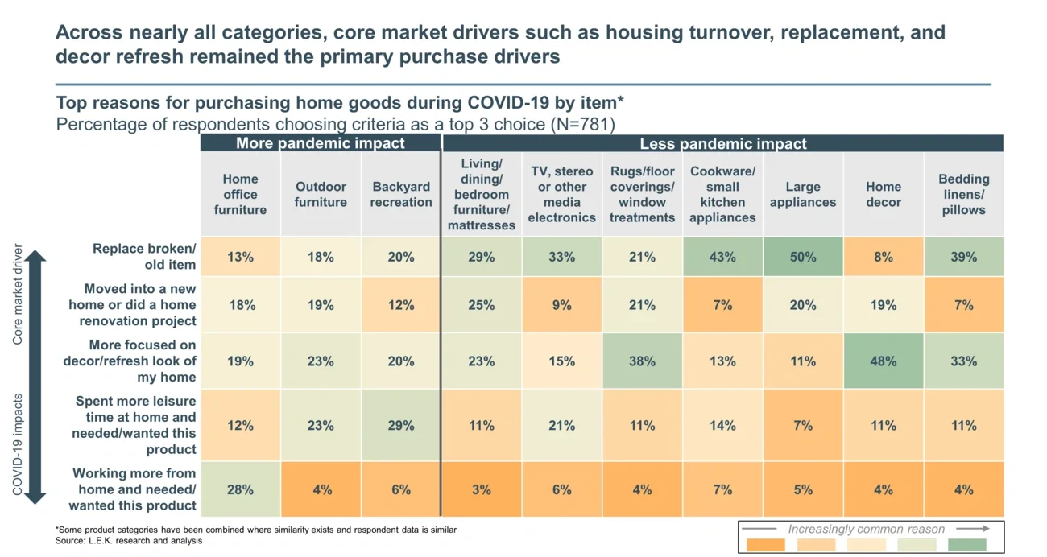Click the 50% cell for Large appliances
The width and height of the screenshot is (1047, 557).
click(802, 257)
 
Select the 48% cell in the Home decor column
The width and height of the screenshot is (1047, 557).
click(883, 361)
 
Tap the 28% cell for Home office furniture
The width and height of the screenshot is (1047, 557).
click(240, 489)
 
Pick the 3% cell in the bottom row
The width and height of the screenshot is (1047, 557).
click(481, 489)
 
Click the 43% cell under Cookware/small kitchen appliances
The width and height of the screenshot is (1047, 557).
click(722, 257)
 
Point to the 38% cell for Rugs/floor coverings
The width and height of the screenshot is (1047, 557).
click(642, 361)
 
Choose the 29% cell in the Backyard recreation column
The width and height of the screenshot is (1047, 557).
click(400, 426)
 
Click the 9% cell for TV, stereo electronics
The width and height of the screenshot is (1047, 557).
click(561, 305)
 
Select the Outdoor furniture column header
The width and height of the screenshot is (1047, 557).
click(321, 194)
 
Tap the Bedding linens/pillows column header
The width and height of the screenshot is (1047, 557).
click(963, 194)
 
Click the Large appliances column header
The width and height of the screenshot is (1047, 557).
click(802, 194)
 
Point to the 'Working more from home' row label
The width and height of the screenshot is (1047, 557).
click(134, 489)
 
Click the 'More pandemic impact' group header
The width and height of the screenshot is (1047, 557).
click(320, 144)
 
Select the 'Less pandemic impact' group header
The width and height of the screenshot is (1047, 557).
click(722, 144)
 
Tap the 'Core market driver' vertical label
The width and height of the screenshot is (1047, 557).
click(18, 295)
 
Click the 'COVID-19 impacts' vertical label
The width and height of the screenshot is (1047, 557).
click(18, 444)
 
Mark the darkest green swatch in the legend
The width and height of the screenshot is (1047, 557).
click(966, 545)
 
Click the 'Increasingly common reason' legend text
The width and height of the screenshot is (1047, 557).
click(866, 529)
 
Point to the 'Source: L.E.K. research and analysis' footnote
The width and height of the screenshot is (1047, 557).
click(129, 541)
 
